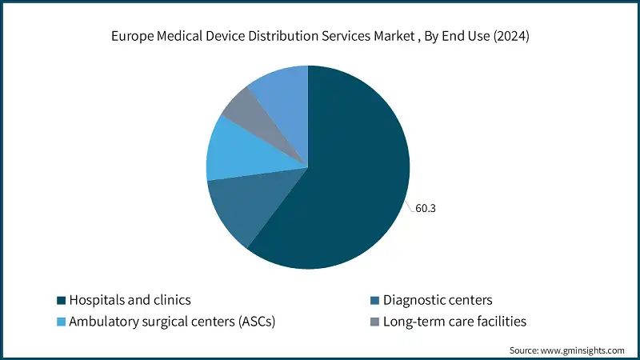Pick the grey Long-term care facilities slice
click(239, 112)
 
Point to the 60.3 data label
click(426, 209)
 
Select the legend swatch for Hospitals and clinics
click(60, 301)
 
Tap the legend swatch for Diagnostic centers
click(374, 301)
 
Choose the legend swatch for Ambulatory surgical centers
click(60, 322)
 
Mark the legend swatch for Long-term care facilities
click(374, 322)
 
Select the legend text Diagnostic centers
click(438, 301)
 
